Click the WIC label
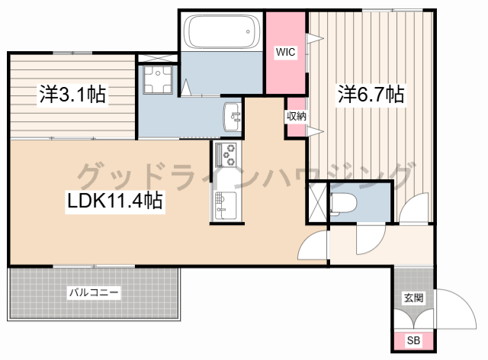(285, 52)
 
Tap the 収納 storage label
(296, 117)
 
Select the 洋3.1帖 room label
(72, 95)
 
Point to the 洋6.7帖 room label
(371, 95)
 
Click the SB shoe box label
(413, 341)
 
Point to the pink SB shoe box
(413, 341)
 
